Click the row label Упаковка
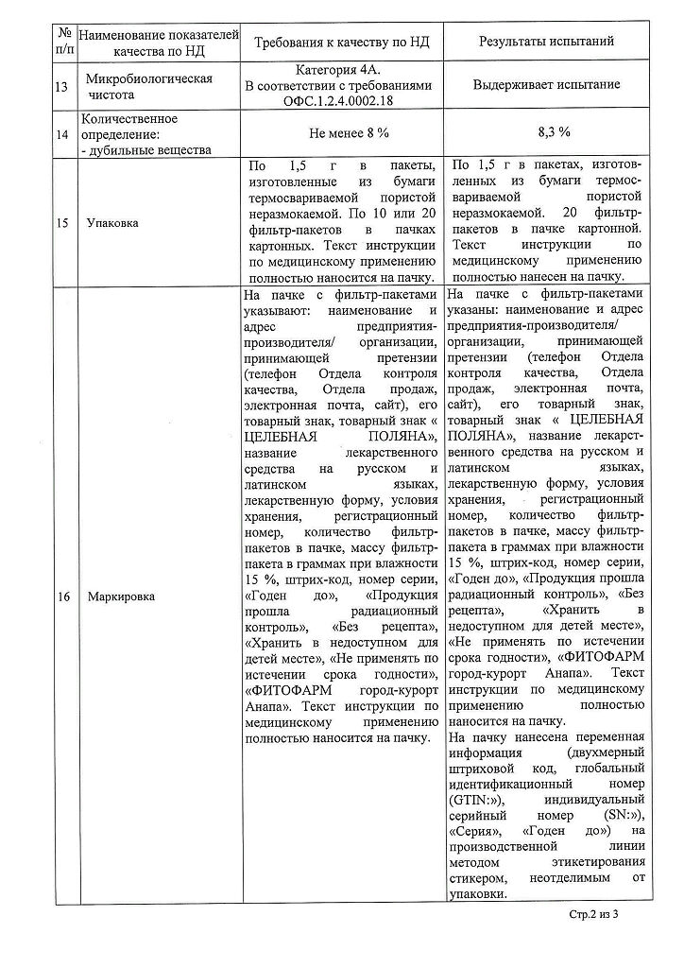[x=111, y=223]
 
